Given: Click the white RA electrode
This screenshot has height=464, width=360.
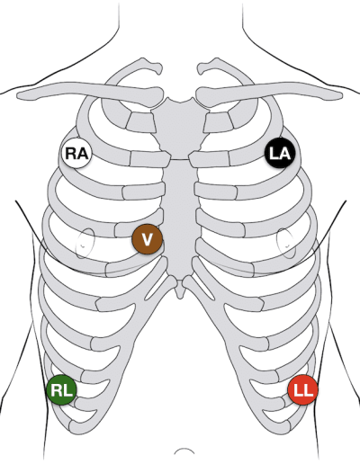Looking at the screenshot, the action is (x=76, y=153).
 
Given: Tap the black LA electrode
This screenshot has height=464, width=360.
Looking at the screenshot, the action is (x=280, y=153).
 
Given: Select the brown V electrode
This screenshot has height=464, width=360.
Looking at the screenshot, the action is (x=147, y=239).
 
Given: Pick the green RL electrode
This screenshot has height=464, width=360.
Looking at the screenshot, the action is (x=61, y=389).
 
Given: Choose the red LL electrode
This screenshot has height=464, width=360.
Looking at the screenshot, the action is (x=302, y=389).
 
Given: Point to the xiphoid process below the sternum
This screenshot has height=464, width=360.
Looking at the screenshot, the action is (x=180, y=290).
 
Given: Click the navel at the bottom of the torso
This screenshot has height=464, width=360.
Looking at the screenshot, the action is (x=184, y=451).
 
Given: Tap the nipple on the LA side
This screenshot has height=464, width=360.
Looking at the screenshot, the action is (x=287, y=245).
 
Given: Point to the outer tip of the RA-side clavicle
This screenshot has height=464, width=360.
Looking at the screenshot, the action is (x=19, y=95).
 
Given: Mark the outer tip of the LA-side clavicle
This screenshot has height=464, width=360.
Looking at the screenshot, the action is (x=341, y=95).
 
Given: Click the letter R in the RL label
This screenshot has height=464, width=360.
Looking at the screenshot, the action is (x=56, y=390).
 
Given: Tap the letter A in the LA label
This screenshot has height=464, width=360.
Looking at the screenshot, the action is (x=284, y=153).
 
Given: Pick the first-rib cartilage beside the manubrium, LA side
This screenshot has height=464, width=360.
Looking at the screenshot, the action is (x=218, y=122).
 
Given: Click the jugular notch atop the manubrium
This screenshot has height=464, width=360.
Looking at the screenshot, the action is (x=180, y=102).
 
